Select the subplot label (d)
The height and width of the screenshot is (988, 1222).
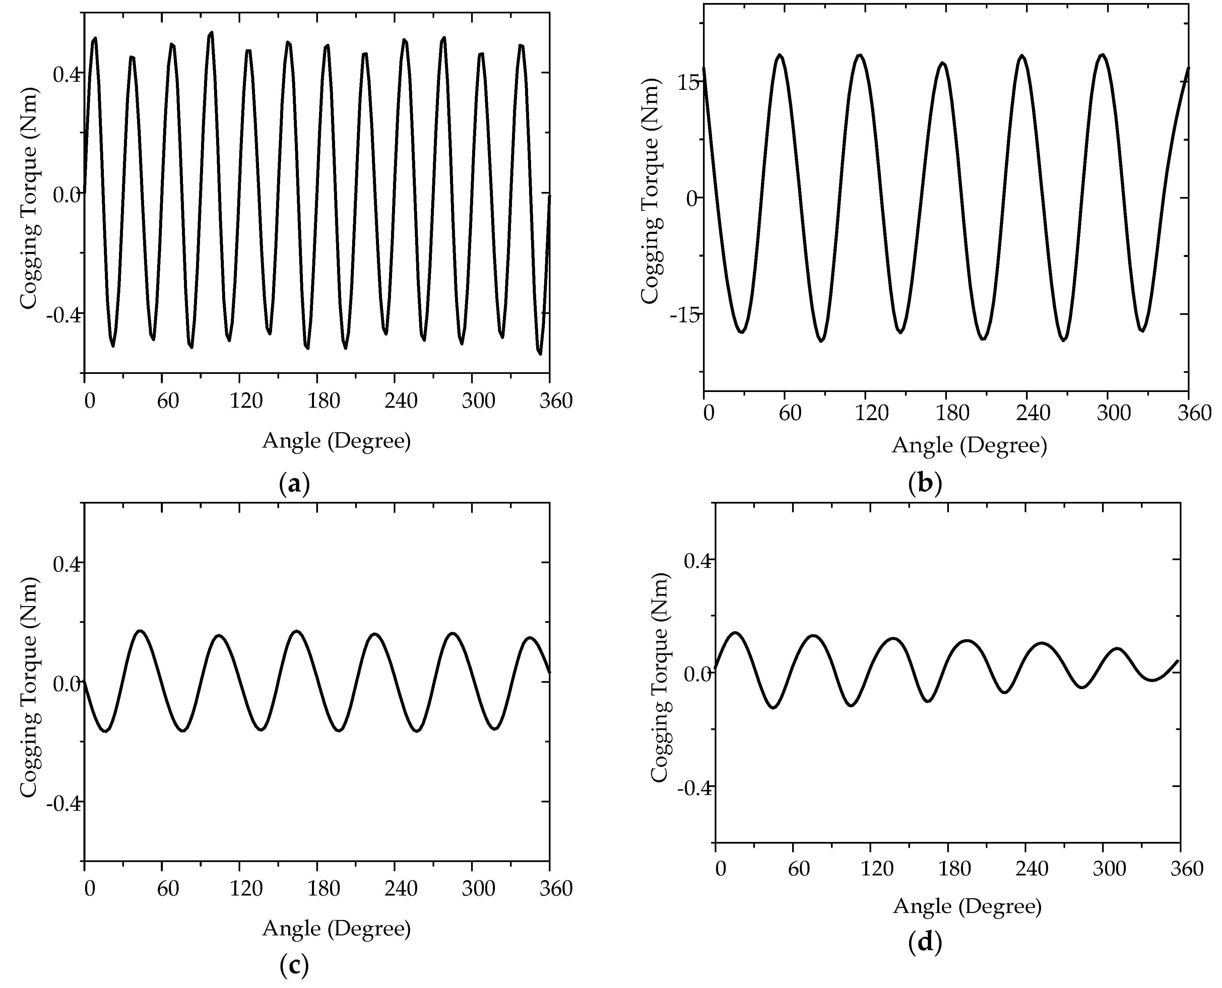925,942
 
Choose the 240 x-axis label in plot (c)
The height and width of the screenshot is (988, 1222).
401,888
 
